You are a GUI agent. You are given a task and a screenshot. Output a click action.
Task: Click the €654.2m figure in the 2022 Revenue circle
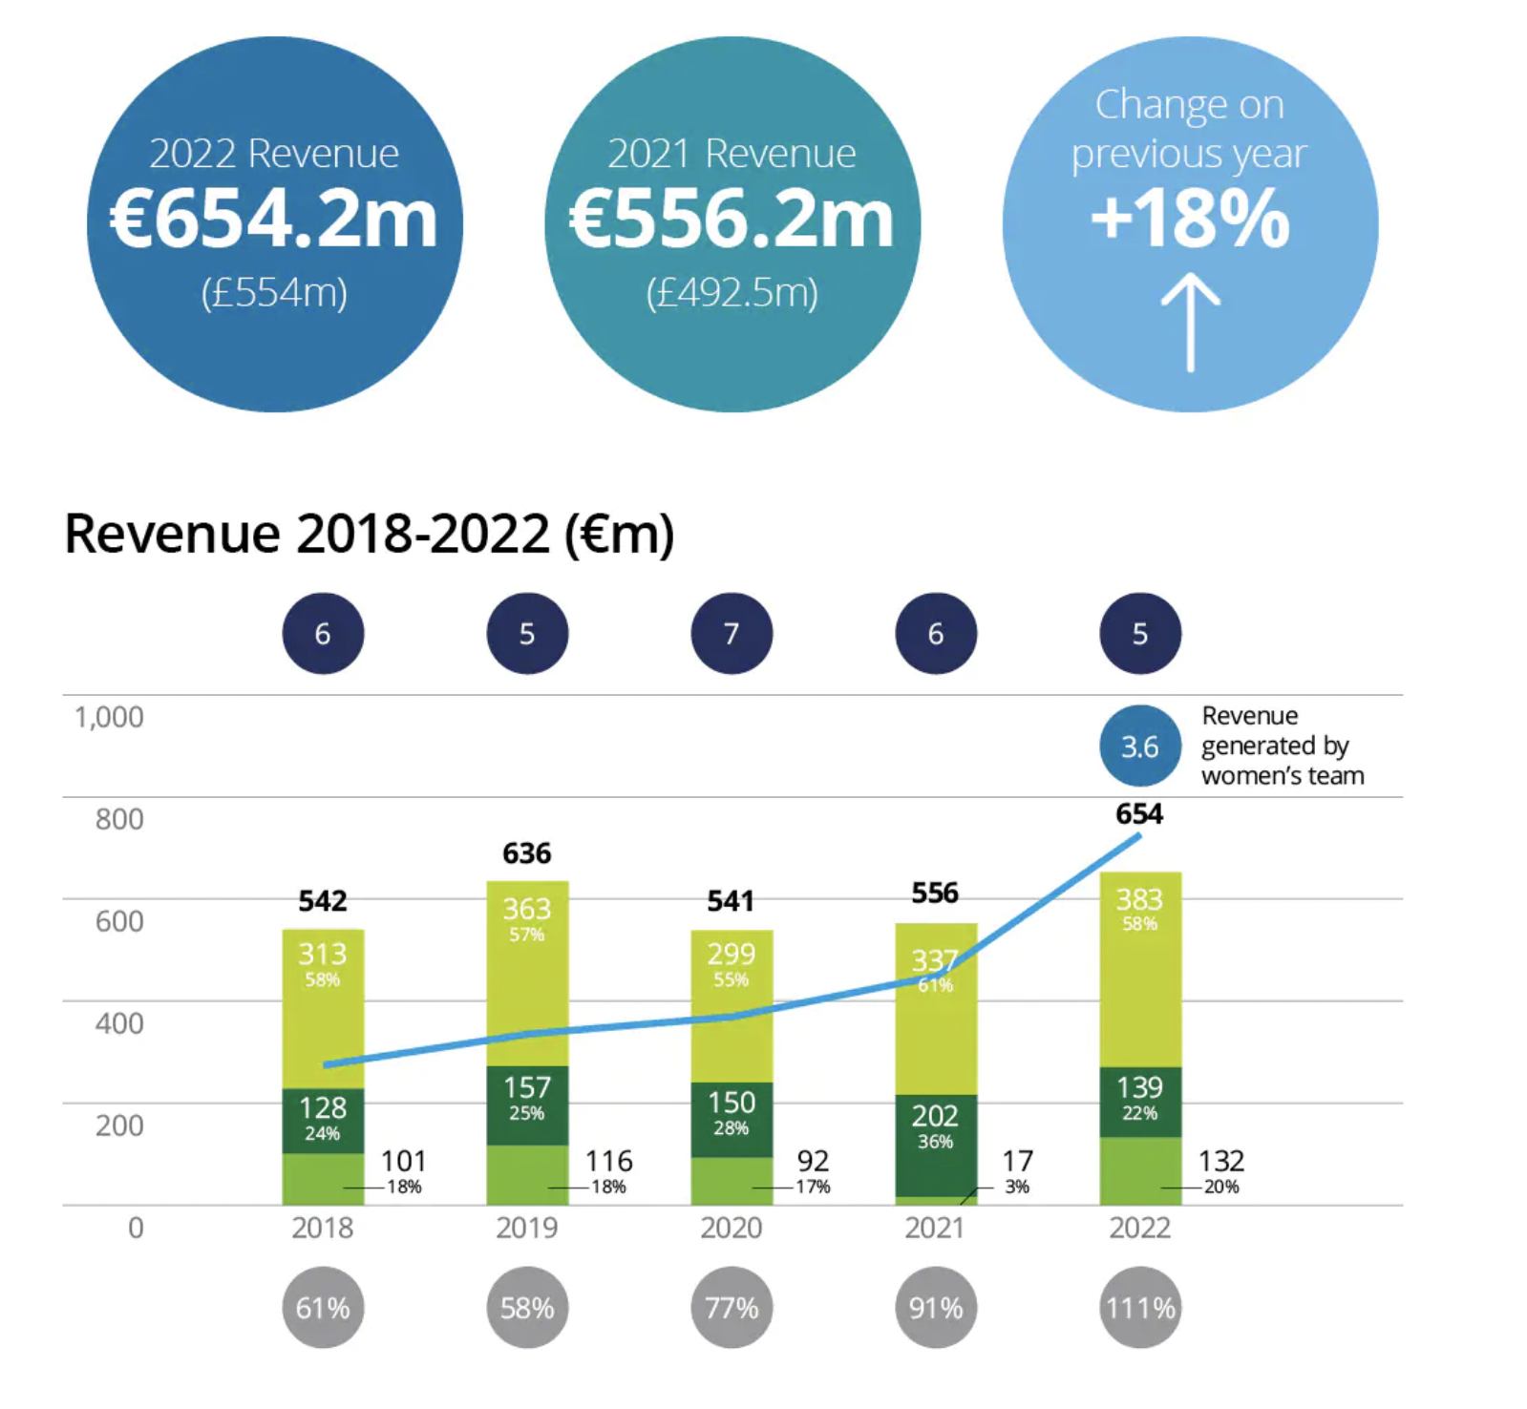coord(274,219)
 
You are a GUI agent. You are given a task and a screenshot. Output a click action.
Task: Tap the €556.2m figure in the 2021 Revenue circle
coord(732,219)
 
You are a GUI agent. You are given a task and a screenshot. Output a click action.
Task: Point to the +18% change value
coord(1190,219)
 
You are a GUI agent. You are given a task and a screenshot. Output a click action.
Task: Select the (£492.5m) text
coord(732,293)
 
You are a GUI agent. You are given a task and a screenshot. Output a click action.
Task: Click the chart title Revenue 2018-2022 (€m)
coord(370,534)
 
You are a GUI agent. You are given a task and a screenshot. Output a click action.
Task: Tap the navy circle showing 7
coord(732,634)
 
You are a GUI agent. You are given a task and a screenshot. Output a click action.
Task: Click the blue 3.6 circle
coord(1140,747)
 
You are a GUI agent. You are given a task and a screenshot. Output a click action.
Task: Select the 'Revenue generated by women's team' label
coord(1283,746)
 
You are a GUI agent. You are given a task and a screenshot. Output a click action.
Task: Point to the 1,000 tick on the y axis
coord(109,717)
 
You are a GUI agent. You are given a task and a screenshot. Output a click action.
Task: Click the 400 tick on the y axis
coord(119,1023)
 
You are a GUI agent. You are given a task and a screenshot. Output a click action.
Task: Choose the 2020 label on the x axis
coord(732,1228)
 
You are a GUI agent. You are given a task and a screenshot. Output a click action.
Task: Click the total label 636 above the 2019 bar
coord(527,853)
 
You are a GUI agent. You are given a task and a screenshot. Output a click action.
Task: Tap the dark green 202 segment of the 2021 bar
coord(936,1146)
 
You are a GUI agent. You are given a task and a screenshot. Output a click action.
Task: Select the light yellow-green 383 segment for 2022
coord(1140,969)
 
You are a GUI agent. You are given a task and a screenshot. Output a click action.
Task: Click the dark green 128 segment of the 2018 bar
coord(323,1121)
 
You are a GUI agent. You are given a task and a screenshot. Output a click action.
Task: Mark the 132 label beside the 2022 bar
coord(1221,1161)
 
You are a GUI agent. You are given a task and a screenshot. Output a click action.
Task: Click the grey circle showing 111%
coord(1140,1308)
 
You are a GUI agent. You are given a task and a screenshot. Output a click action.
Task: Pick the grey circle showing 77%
coord(732,1308)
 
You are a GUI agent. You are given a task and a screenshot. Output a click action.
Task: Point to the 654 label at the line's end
coord(1139,814)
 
